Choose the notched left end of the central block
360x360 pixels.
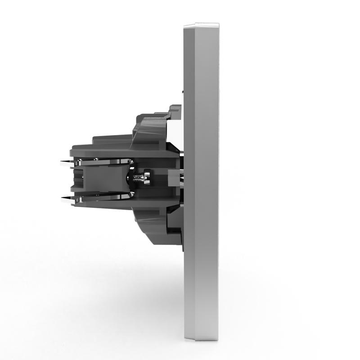pos(76,180)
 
